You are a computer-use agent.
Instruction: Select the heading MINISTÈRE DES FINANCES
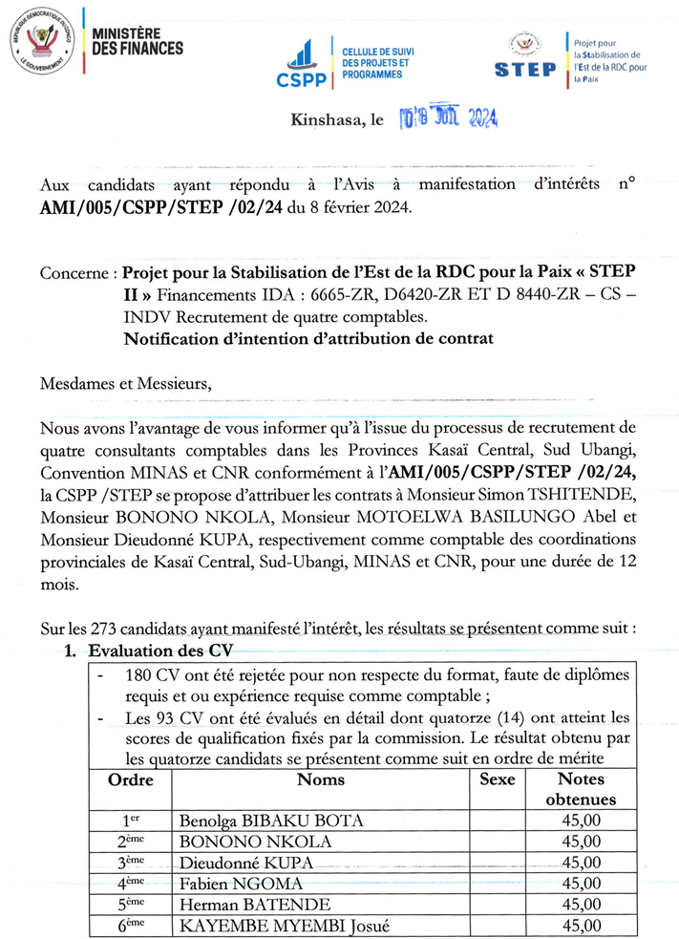pyautogui.click(x=138, y=41)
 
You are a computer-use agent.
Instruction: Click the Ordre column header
pyautogui.click(x=132, y=779)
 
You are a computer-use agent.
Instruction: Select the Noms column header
pyautogui.click(x=321, y=779)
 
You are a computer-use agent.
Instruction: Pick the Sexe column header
pyautogui.click(x=497, y=779)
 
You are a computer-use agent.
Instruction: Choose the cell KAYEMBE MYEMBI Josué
pyautogui.click(x=270, y=925)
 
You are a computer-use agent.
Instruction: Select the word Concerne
pyautogui.click(x=74, y=273)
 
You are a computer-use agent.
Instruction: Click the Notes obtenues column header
pyautogui.click(x=582, y=789)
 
